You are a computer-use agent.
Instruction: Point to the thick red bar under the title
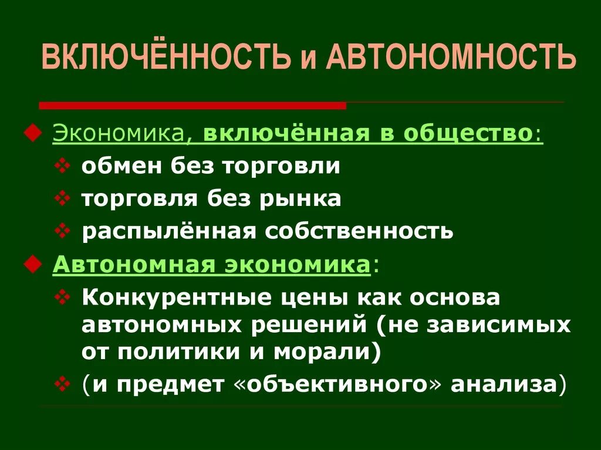point(193,106)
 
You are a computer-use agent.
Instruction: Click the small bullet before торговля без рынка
point(63,198)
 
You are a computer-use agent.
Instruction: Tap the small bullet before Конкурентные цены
point(63,297)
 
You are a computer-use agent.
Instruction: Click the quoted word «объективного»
point(339,384)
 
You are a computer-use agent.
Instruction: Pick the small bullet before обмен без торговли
point(63,166)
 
